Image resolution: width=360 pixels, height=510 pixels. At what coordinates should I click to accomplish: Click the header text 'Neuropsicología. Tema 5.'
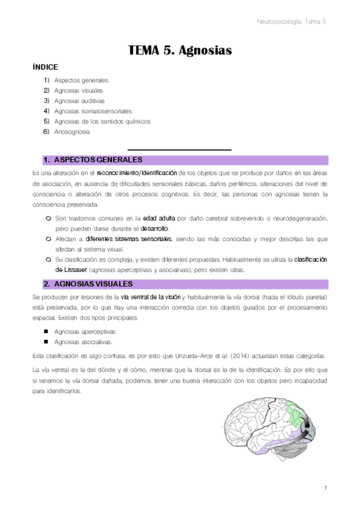[x=291, y=22]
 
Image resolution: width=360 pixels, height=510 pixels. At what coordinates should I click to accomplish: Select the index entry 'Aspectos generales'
[x=81, y=80]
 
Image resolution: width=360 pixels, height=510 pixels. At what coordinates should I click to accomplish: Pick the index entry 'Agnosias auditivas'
[x=79, y=100]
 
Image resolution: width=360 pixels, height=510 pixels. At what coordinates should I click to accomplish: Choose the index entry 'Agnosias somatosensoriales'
[x=93, y=111]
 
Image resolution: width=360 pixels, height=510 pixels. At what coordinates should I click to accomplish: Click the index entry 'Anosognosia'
[x=72, y=131]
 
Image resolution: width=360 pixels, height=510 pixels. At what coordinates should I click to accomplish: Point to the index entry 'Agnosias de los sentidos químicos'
[x=102, y=121]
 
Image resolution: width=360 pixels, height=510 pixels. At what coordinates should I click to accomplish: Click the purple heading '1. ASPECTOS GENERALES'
[x=93, y=160]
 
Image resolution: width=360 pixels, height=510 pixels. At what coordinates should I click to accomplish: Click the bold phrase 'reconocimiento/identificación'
[x=137, y=173]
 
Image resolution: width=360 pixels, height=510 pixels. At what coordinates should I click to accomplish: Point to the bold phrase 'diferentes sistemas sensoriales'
[x=129, y=239]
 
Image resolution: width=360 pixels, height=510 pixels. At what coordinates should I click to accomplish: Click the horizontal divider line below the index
[x=180, y=149]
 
